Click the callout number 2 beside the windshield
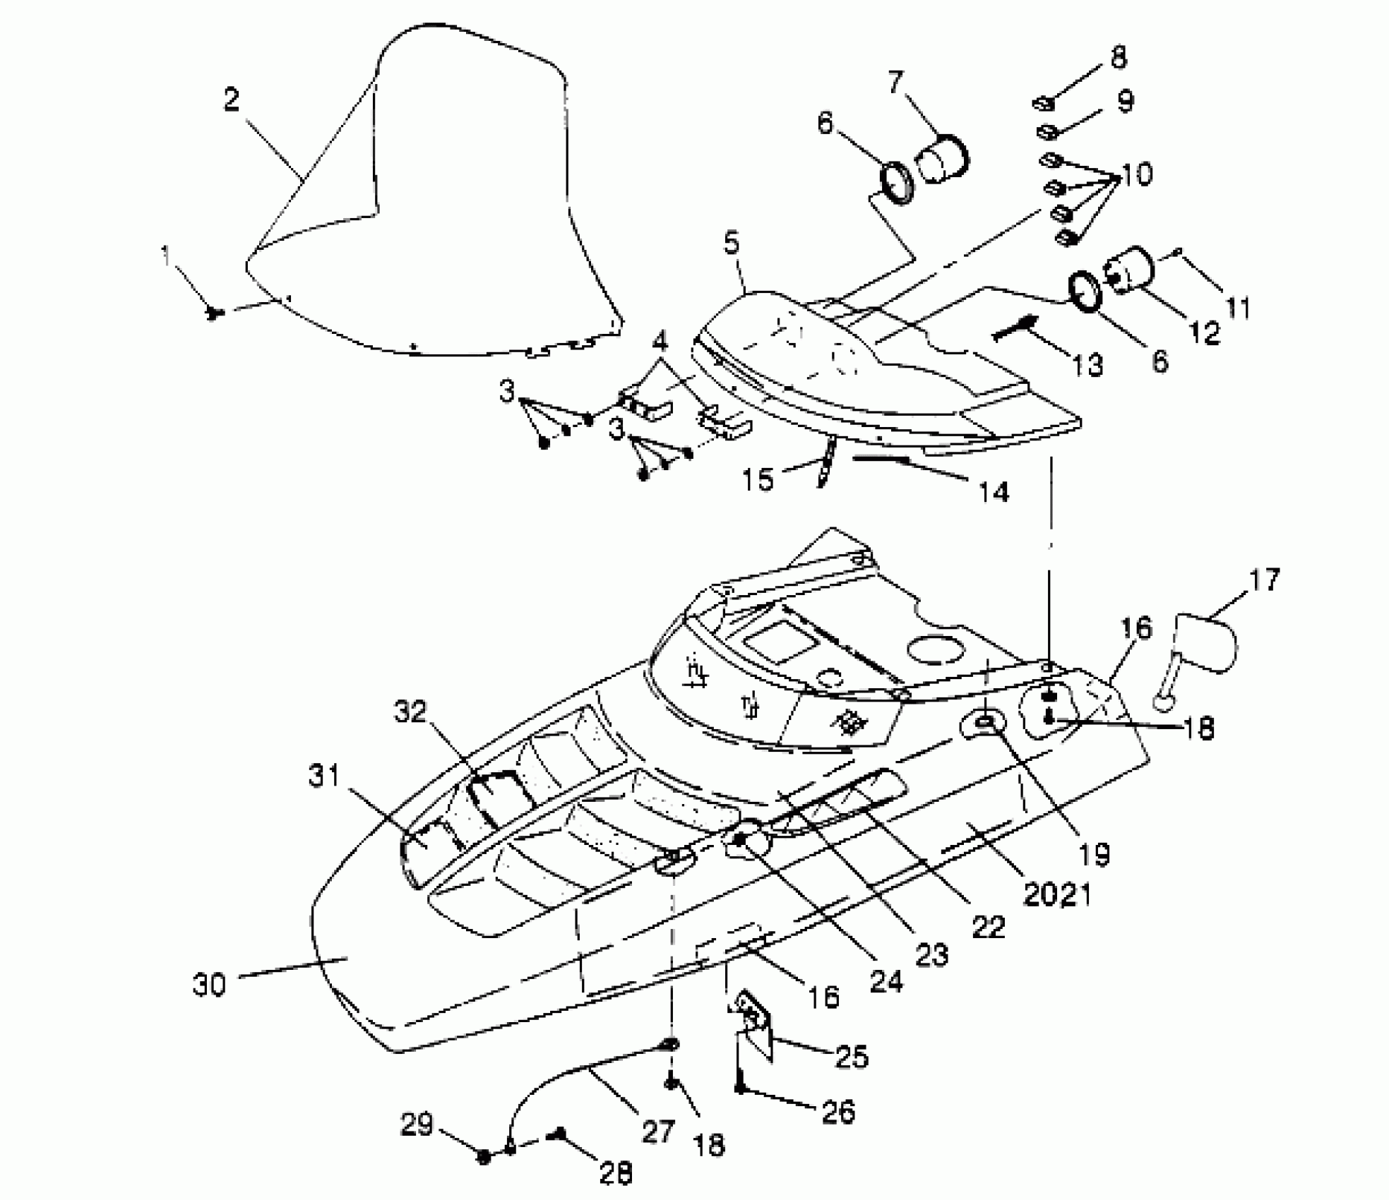point(232,100)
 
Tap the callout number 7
point(895,83)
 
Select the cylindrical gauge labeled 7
point(943,160)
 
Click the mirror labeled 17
point(1205,643)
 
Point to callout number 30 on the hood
point(209,985)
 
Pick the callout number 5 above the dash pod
point(732,244)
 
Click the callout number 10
point(1136,174)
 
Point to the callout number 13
point(1087,365)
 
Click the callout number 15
point(758,480)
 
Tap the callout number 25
point(851,1057)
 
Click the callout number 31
point(324,776)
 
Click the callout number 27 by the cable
point(657,1132)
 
